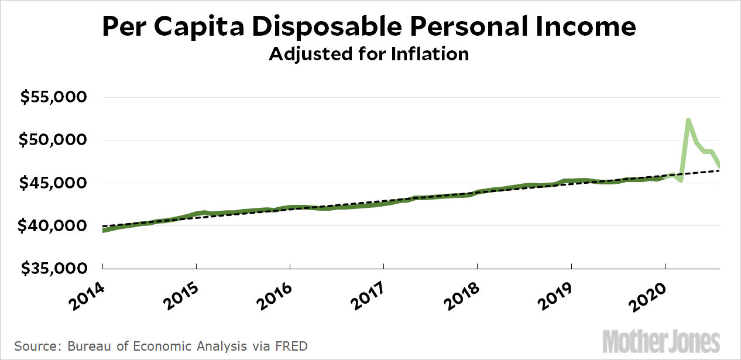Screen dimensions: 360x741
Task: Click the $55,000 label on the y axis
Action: click(x=53, y=97)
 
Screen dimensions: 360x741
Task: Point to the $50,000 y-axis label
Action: click(x=53, y=140)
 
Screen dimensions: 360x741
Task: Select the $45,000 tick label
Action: click(x=53, y=183)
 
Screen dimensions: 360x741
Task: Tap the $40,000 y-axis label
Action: click(x=53, y=226)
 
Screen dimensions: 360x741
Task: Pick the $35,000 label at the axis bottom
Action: click(x=53, y=269)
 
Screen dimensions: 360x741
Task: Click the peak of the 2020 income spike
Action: click(x=688, y=120)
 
